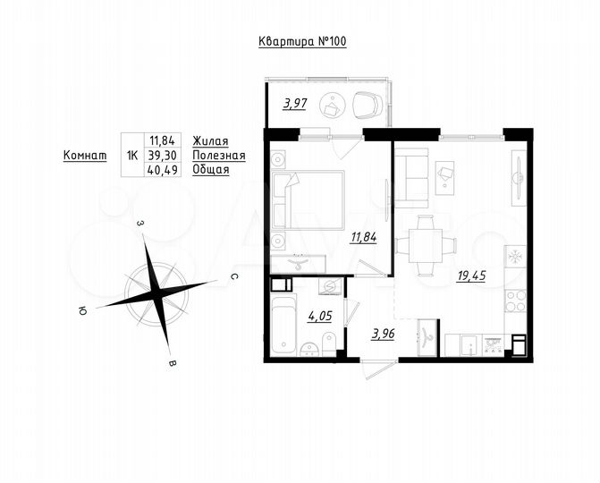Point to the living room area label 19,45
pyautogui.click(x=471, y=276)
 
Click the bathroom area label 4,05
pyautogui.click(x=320, y=315)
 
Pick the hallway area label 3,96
pyautogui.click(x=384, y=335)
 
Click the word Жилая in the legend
pyautogui.click(x=210, y=141)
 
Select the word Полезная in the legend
pyautogui.click(x=218, y=155)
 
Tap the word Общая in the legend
pyautogui.click(x=211, y=168)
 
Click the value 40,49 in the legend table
pyautogui.click(x=165, y=168)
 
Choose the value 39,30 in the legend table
pyautogui.click(x=165, y=155)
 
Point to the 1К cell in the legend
pyautogui.click(x=132, y=155)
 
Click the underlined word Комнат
pyautogui.click(x=85, y=155)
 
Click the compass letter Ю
pyautogui.click(x=82, y=311)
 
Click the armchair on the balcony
pyautogui.click(x=368, y=106)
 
